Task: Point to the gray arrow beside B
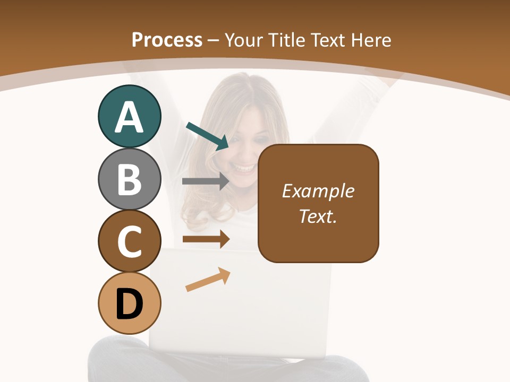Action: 206,181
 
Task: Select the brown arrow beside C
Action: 206,239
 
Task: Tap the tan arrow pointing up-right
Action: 208,280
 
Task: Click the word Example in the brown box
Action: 318,191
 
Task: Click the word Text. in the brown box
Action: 318,216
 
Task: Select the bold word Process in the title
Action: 167,40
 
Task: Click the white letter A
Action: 129,117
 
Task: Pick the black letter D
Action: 129,305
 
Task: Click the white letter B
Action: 129,180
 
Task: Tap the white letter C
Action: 129,242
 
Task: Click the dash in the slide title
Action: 214,40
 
